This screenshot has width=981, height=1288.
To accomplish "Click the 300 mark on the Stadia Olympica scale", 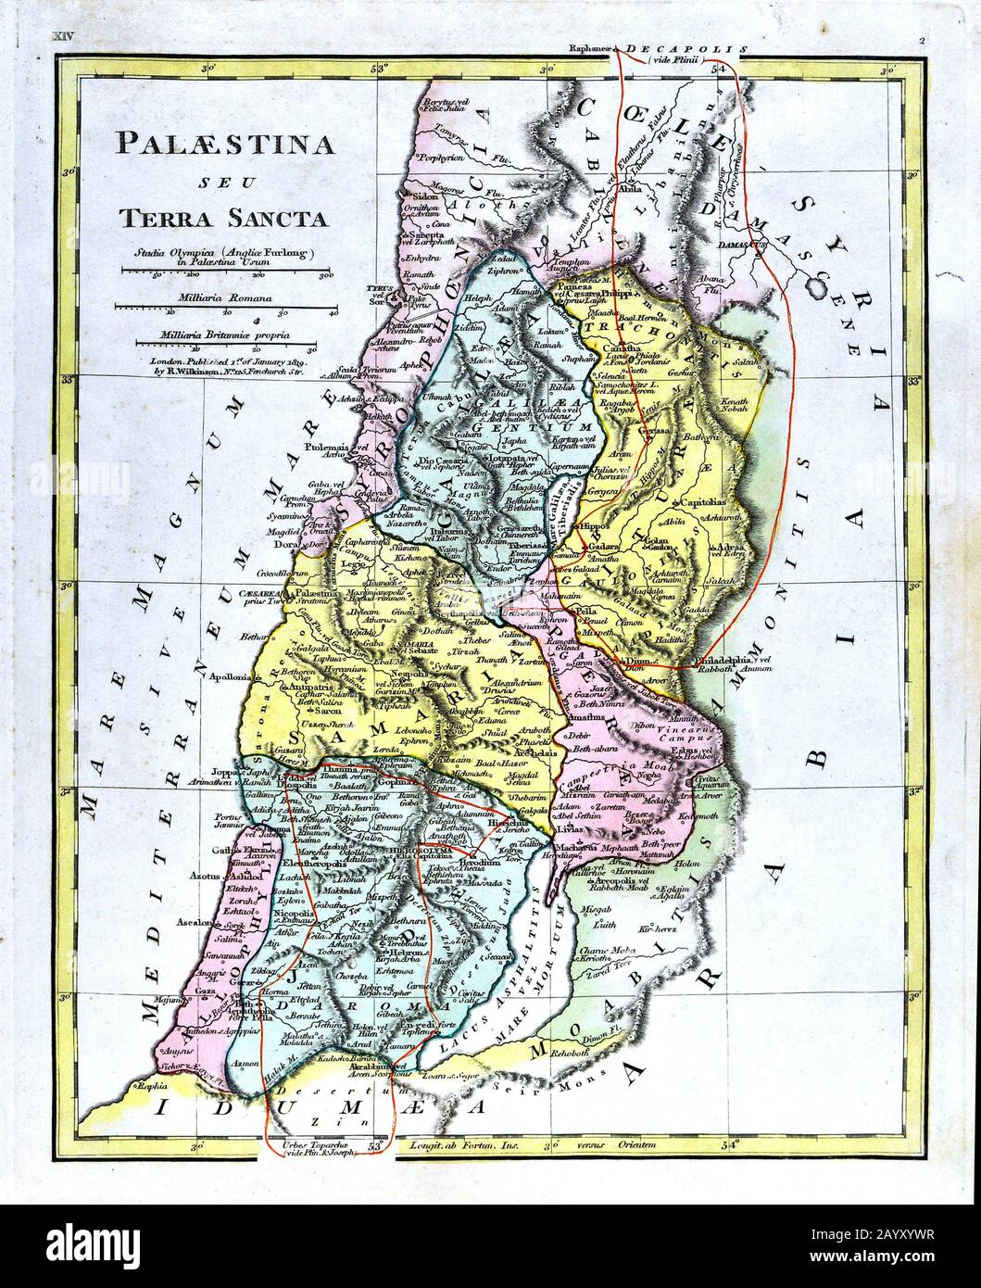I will tap(325, 275).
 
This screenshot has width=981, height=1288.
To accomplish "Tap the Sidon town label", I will tap(425, 198).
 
